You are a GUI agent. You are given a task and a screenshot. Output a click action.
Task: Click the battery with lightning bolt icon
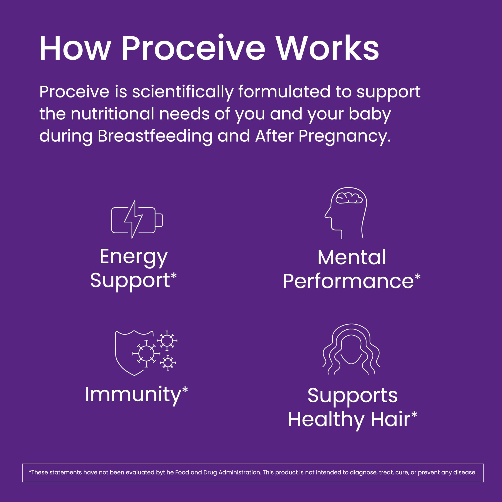(x=137, y=220)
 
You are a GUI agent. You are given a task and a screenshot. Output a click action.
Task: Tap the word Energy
(x=134, y=257)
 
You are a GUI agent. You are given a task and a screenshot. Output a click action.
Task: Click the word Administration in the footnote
(x=239, y=472)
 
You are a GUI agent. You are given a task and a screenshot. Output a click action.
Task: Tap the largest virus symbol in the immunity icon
(x=146, y=354)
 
